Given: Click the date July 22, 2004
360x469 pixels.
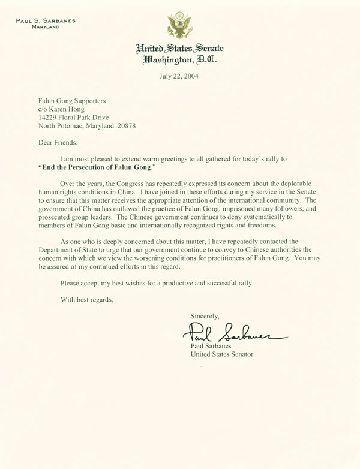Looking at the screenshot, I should coord(180,76).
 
